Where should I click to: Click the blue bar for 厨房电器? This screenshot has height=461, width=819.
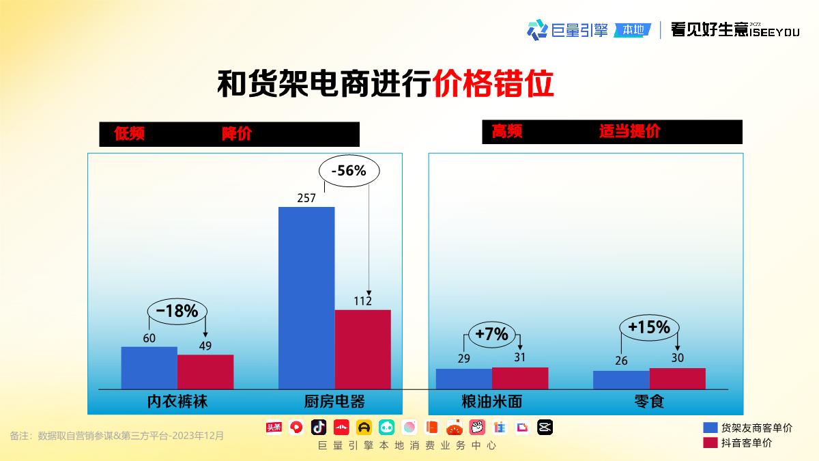[306, 298]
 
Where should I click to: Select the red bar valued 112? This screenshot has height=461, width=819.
[362, 349]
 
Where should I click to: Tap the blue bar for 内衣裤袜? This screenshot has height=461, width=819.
[149, 367]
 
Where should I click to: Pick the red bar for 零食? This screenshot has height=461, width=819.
[677, 378]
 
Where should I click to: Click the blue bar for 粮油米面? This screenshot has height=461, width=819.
[463, 378]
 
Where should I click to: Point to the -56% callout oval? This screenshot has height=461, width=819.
[349, 171]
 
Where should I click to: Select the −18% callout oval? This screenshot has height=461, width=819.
[177, 311]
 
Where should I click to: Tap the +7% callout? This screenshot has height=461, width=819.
[491, 334]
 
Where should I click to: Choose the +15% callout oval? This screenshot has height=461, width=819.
[648, 328]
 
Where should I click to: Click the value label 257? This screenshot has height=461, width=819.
[306, 199]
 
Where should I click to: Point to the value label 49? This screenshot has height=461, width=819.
[205, 346]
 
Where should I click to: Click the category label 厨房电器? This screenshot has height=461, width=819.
[334, 401]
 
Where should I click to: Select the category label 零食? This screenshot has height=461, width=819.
[648, 401]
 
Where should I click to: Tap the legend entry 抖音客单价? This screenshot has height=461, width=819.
[746, 443]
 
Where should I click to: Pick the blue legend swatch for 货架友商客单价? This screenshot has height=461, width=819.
[710, 428]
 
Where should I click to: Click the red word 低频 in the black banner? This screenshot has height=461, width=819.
[130, 134]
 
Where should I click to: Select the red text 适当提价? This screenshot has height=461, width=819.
[629, 132]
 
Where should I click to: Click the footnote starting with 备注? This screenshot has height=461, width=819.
[117, 435]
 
